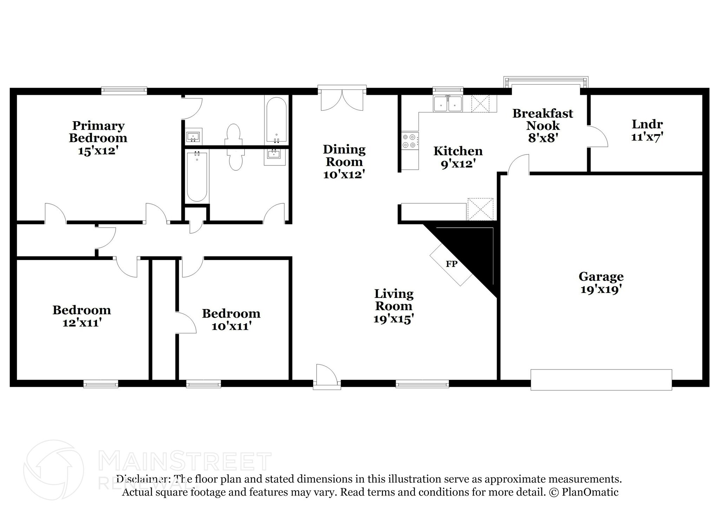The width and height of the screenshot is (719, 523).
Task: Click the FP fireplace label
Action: pyautogui.click(x=451, y=264)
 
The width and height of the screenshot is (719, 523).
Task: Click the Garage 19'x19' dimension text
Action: pyautogui.click(x=601, y=290)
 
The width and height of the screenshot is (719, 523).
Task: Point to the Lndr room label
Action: pyautogui.click(x=647, y=124)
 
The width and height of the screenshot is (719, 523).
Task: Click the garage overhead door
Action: pyautogui.click(x=601, y=380)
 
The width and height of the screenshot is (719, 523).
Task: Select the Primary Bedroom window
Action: pyautogui.click(x=124, y=91)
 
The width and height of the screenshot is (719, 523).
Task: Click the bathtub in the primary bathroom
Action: pyautogui.click(x=277, y=120)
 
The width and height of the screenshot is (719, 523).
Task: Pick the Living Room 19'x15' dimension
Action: pyautogui.click(x=394, y=319)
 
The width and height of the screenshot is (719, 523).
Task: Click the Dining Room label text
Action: pyautogui.click(x=344, y=155)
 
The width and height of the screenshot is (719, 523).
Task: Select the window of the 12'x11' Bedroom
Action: pyautogui.click(x=101, y=384)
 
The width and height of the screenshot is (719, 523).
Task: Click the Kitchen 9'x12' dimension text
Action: pyautogui.click(x=458, y=164)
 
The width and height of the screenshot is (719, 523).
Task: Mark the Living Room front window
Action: pyautogui.click(x=422, y=384)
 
